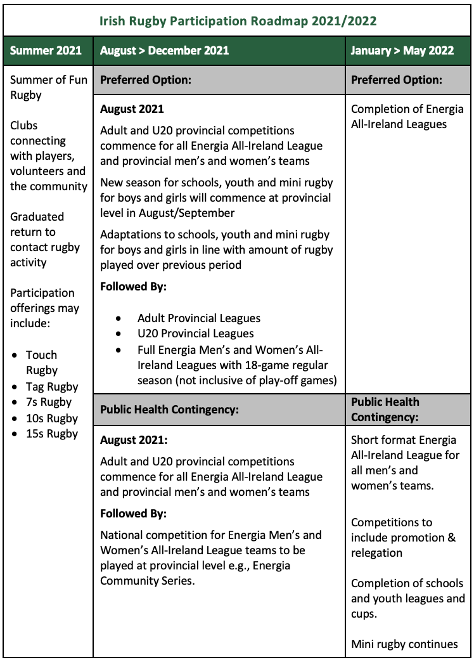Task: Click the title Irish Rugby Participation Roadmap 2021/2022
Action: [x=238, y=21]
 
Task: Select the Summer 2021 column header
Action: [x=46, y=51]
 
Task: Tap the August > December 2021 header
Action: [x=165, y=51]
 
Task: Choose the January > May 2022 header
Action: [x=402, y=51]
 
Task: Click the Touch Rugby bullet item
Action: [x=42, y=363]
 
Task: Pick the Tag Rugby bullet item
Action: [x=52, y=387]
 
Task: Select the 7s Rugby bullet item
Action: [x=49, y=402]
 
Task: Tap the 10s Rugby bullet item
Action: [x=52, y=419]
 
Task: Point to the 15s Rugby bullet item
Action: [x=52, y=434]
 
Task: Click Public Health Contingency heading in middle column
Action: [x=169, y=410]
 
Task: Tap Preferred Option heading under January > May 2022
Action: [x=396, y=80]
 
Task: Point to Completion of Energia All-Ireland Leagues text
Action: [x=407, y=117]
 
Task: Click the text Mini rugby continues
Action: [x=404, y=644]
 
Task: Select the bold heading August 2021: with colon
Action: [x=134, y=440]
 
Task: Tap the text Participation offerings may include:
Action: [x=44, y=308]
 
